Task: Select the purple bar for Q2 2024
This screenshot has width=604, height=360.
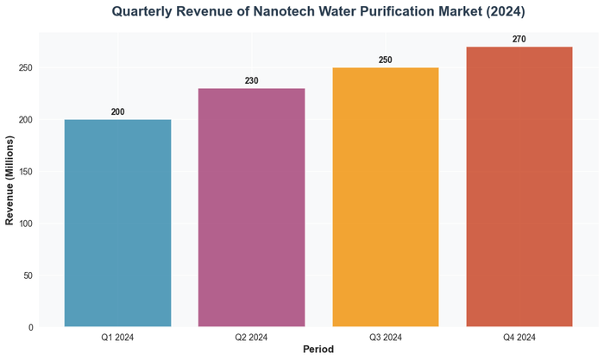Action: click(x=251, y=207)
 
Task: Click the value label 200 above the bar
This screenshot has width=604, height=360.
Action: click(x=117, y=112)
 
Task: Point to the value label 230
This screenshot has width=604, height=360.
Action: click(x=251, y=81)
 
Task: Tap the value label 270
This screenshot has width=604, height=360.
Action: click(x=519, y=40)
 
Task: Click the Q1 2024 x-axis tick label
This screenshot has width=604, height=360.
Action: click(x=117, y=337)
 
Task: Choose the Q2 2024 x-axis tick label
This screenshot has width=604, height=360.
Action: click(x=251, y=337)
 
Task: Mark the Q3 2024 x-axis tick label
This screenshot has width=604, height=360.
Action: click(x=386, y=337)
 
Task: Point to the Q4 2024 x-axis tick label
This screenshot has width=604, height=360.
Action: click(x=519, y=337)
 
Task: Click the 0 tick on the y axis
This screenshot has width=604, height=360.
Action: click(x=30, y=327)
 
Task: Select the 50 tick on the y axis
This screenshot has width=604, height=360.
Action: click(x=28, y=275)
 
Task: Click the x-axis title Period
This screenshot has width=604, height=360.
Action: click(x=318, y=350)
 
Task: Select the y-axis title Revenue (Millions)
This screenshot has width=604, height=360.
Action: click(x=9, y=180)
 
